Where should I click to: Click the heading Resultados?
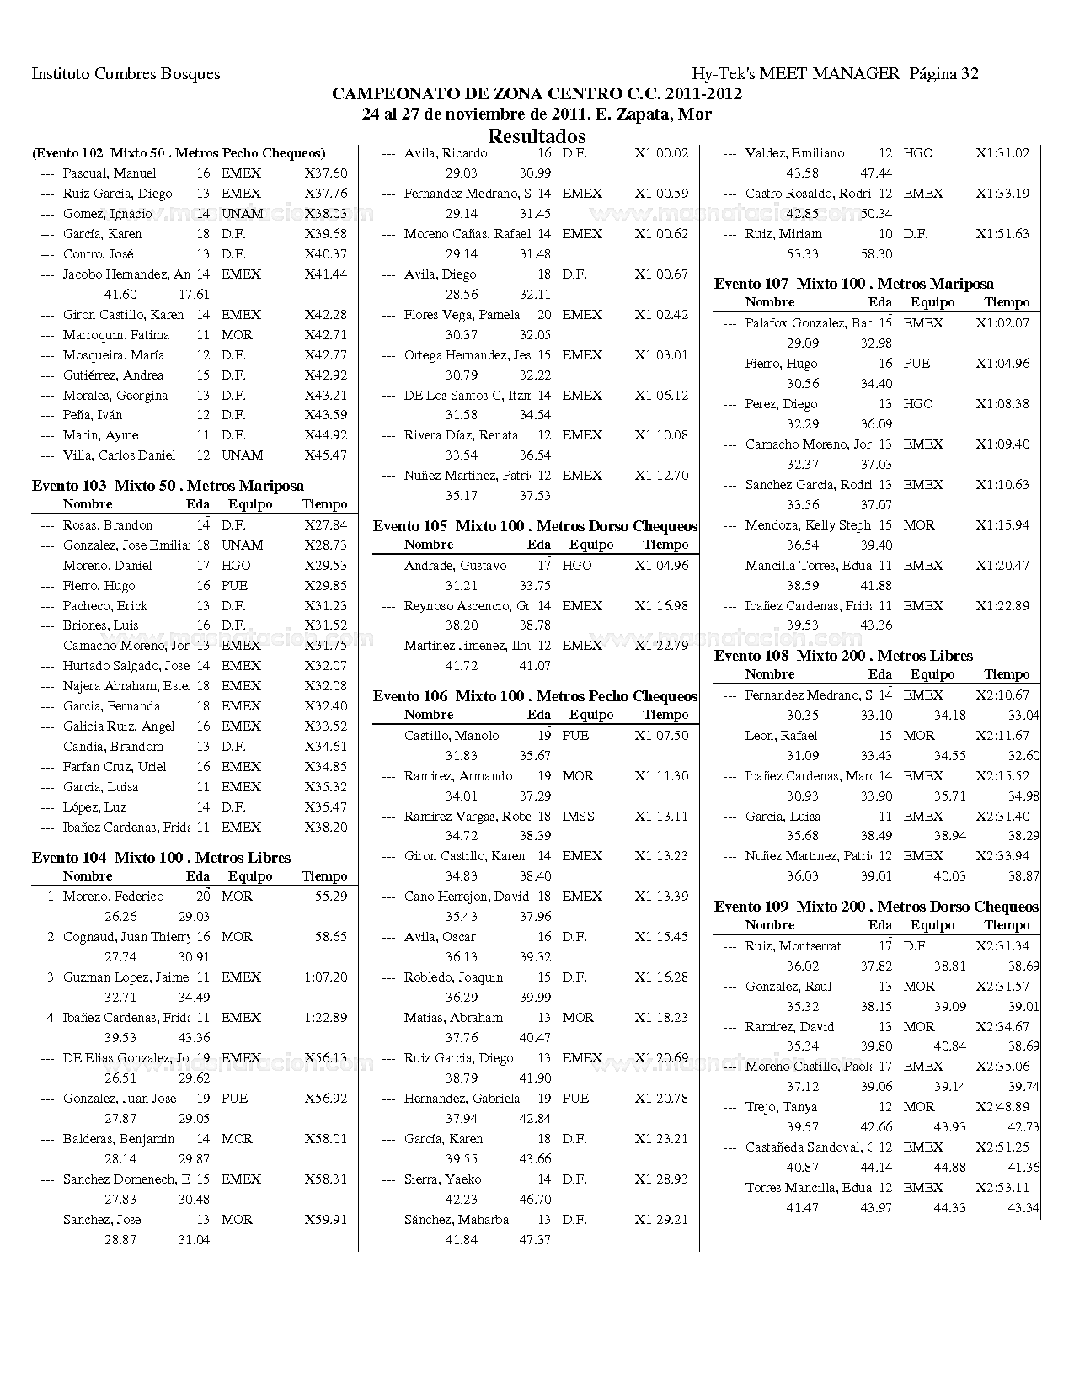537,136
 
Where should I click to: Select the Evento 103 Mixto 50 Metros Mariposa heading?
168,486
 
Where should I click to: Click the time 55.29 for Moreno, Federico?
331,897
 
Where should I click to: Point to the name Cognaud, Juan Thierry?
126,937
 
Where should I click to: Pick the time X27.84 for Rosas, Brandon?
325,525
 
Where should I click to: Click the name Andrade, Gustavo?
455,566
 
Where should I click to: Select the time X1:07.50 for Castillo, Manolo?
661,736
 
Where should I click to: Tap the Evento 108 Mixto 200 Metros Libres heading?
843,656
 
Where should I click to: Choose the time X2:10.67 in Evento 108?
1002,695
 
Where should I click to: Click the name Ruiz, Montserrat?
793,946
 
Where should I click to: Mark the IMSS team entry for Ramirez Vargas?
578,817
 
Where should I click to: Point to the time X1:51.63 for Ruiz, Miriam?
1002,234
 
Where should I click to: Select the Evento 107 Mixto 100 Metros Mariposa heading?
853,284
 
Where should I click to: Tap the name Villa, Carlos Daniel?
119,455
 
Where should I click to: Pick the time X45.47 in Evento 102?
325,455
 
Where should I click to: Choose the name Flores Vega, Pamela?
461,315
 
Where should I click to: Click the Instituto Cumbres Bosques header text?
126,74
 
